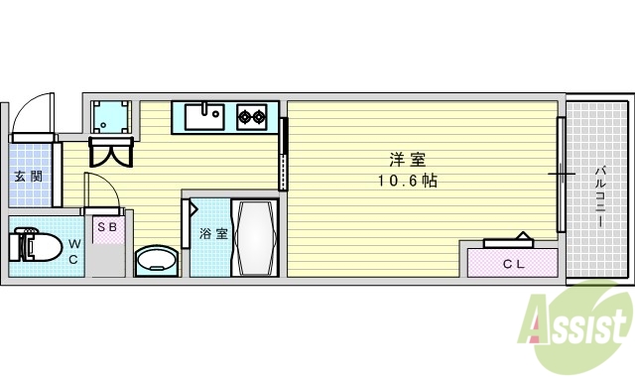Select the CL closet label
click(x=512, y=263)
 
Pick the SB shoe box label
click(x=106, y=226)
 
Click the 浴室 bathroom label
click(x=212, y=234)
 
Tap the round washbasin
click(x=155, y=261)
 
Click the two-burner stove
click(x=251, y=117)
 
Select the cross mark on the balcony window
click(x=562, y=176)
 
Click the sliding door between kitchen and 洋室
click(x=284, y=153)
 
